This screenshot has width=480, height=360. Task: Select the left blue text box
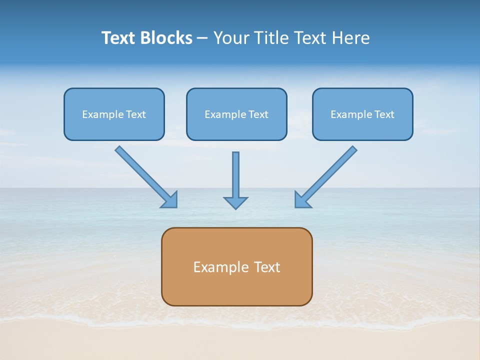(x=114, y=114)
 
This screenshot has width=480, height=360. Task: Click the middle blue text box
(x=236, y=114)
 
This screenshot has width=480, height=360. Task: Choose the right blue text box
(x=362, y=114)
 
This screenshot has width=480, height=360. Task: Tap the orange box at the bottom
(x=236, y=266)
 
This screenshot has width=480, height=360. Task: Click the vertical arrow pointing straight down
(x=235, y=177)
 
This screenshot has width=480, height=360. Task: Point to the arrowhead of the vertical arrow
(x=235, y=202)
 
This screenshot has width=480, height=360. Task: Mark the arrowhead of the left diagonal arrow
(x=170, y=200)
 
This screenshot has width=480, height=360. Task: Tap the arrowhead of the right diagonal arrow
(x=302, y=200)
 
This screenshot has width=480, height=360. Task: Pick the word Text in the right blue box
(x=384, y=114)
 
